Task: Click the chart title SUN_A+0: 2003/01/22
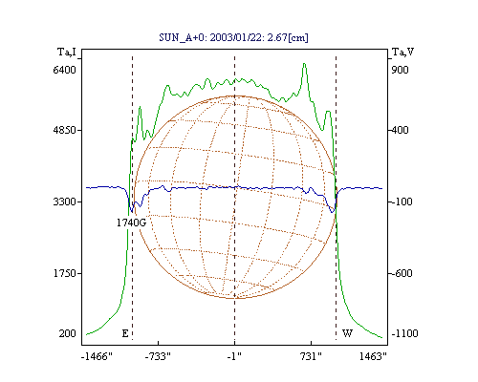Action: pyautogui.click(x=234, y=37)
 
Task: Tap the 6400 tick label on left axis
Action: pyautogui.click(x=65, y=70)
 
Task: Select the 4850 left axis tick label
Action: pyautogui.click(x=65, y=130)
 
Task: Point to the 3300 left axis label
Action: pyautogui.click(x=65, y=202)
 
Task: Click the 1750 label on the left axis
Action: pyautogui.click(x=65, y=273)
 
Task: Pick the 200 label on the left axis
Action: pyautogui.click(x=67, y=333)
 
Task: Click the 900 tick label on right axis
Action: pyautogui.click(x=400, y=70)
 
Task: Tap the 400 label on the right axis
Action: pyautogui.click(x=400, y=130)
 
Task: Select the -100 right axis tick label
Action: pyautogui.click(x=402, y=202)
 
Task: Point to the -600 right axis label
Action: pyautogui.click(x=402, y=273)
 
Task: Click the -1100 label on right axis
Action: pyautogui.click(x=404, y=333)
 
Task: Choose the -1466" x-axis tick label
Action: pyautogui.click(x=97, y=356)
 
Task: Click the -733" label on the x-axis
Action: pyautogui.click(x=158, y=356)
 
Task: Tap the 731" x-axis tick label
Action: pyautogui.click(x=311, y=356)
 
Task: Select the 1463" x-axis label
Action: pyautogui.click(x=373, y=356)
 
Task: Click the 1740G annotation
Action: pyautogui.click(x=131, y=223)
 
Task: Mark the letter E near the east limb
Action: pyautogui.click(x=125, y=333)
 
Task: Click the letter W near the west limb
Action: pyautogui.click(x=347, y=333)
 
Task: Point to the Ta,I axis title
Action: pyautogui.click(x=67, y=52)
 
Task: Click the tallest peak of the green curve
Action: pyautogui.click(x=304, y=64)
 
